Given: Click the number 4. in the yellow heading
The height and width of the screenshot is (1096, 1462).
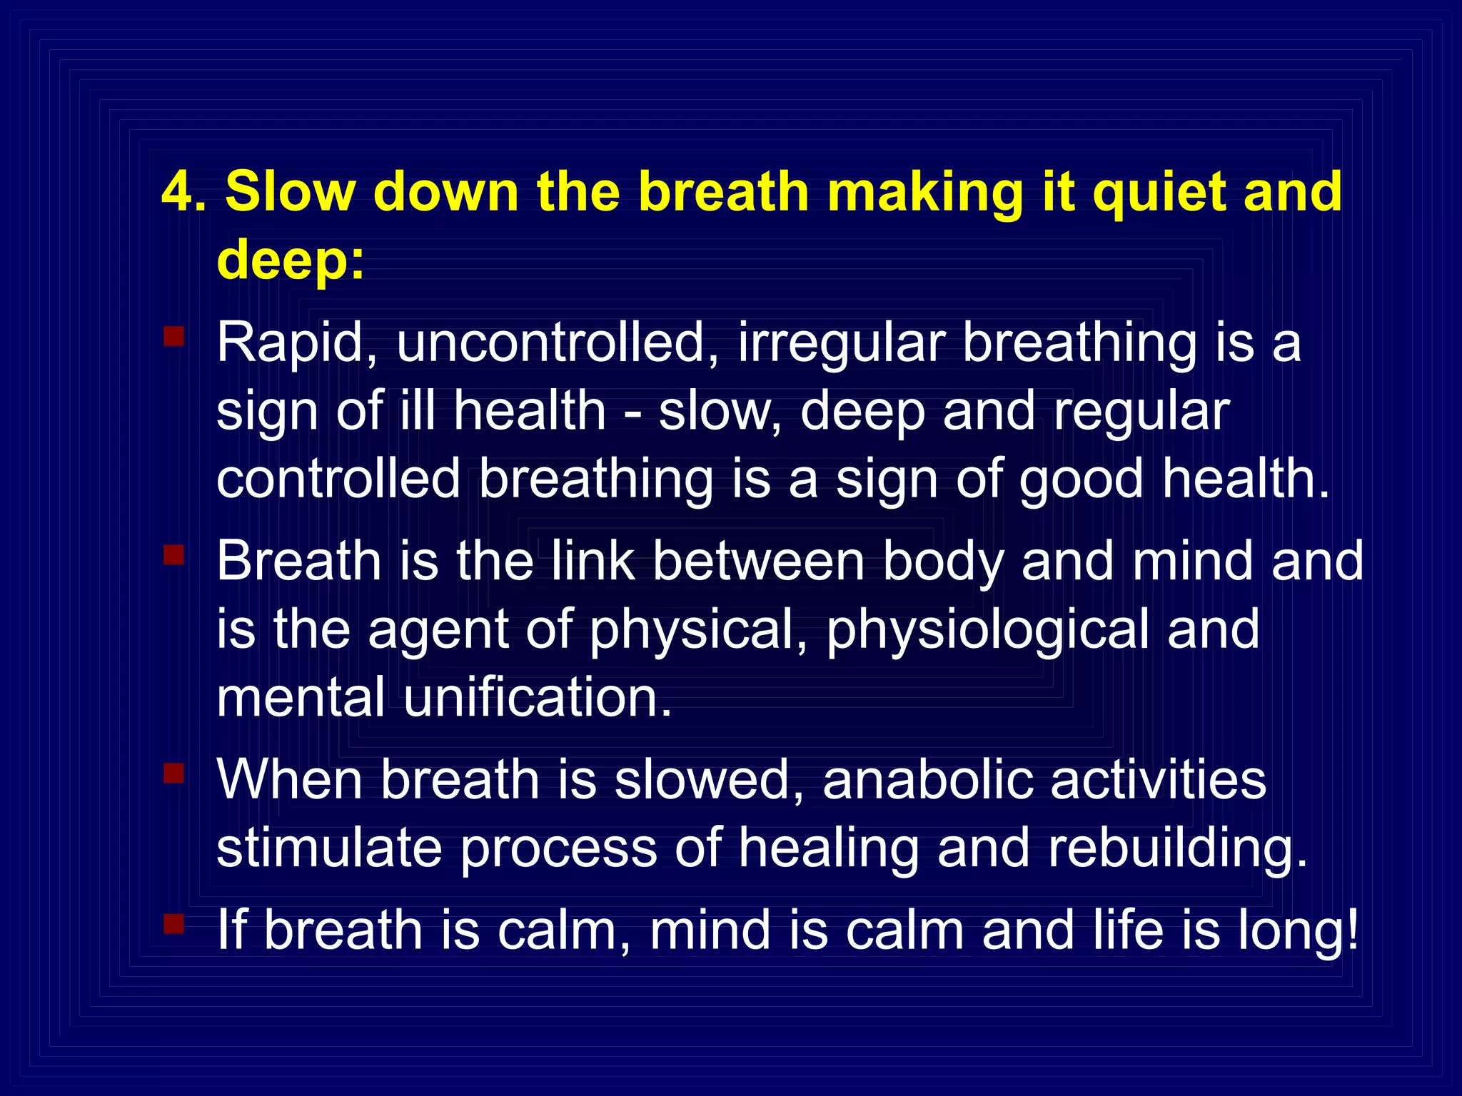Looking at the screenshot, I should click(183, 193).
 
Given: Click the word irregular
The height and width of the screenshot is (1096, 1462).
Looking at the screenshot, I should click(842, 343).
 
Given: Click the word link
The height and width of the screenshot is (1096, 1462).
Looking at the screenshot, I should click(593, 561).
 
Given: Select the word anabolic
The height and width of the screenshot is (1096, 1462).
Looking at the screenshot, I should click(928, 779).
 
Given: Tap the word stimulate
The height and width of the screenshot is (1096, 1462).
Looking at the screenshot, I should click(329, 848).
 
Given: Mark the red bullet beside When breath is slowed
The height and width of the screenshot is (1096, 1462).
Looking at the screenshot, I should click(173, 773).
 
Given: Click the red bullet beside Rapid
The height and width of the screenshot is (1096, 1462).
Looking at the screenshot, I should click(173, 336).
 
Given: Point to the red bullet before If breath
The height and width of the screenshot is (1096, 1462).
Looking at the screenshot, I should click(173, 924).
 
